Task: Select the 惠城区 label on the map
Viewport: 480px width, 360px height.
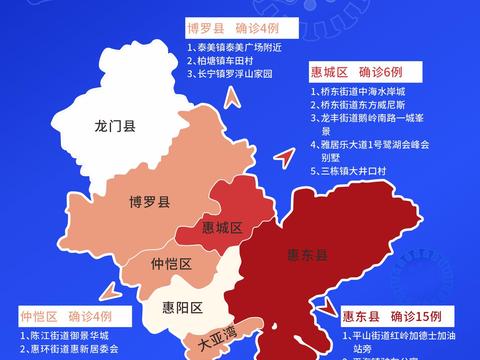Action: (x=222, y=229)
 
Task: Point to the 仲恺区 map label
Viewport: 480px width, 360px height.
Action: (x=171, y=264)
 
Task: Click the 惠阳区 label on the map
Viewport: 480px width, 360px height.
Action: (x=183, y=306)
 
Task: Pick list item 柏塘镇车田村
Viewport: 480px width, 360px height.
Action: (x=225, y=60)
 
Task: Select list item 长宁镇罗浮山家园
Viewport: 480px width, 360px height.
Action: (x=237, y=74)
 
